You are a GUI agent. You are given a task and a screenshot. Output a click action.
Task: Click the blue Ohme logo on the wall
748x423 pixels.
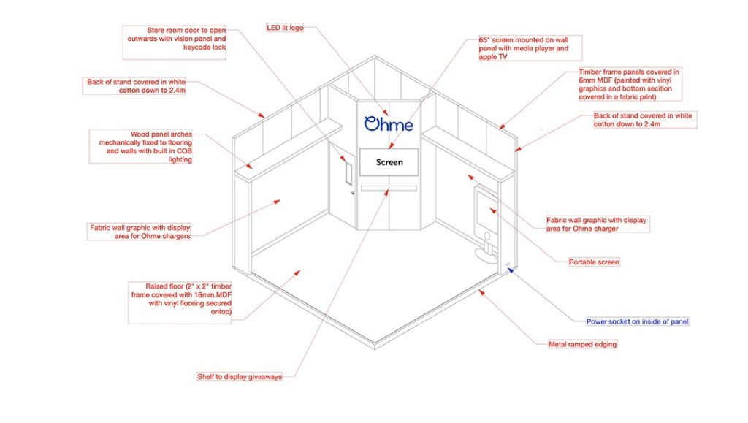click(x=389, y=124)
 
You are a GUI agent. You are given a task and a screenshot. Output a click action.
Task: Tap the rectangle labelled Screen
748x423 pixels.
click(x=389, y=162)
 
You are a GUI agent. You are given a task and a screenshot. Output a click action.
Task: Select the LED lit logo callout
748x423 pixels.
click(x=286, y=27)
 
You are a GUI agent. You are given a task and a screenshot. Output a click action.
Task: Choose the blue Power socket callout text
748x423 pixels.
click(x=638, y=321)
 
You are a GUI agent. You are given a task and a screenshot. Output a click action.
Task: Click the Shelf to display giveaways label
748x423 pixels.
click(x=239, y=376)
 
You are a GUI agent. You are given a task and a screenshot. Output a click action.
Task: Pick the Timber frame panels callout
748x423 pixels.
click(x=629, y=84)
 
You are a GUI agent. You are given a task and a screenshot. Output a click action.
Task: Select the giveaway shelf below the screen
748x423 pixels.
click(x=389, y=188)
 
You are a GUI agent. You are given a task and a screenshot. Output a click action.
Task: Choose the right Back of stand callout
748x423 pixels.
click(x=644, y=120)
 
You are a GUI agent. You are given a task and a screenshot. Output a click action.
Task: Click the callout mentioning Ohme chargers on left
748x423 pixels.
click(x=141, y=231)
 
